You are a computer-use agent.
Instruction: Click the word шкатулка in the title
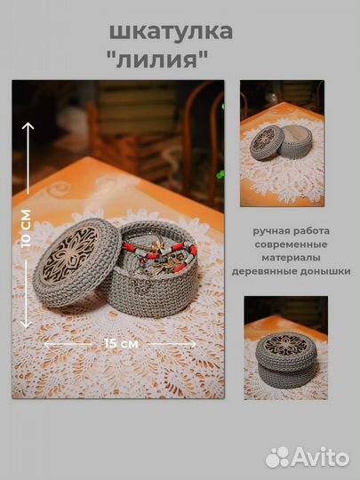(x=171, y=32)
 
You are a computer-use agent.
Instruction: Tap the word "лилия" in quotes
(x=157, y=59)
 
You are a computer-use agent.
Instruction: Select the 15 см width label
(x=121, y=343)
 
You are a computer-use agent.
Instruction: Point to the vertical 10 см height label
(x=26, y=228)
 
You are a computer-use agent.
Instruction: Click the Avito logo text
(x=321, y=458)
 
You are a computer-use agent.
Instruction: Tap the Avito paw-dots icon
(x=277, y=457)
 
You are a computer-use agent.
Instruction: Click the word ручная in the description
(x=270, y=231)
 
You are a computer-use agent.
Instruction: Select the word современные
(x=291, y=244)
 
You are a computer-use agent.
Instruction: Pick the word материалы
(x=291, y=258)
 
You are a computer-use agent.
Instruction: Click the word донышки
(x=325, y=271)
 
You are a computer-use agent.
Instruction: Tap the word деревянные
(x=265, y=271)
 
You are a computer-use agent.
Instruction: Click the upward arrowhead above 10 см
(x=28, y=126)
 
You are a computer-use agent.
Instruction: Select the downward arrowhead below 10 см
(x=26, y=324)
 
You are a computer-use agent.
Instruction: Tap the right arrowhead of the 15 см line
(x=192, y=344)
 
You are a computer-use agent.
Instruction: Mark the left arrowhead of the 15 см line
(x=47, y=344)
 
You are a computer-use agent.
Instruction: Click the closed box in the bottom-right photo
(x=285, y=360)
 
